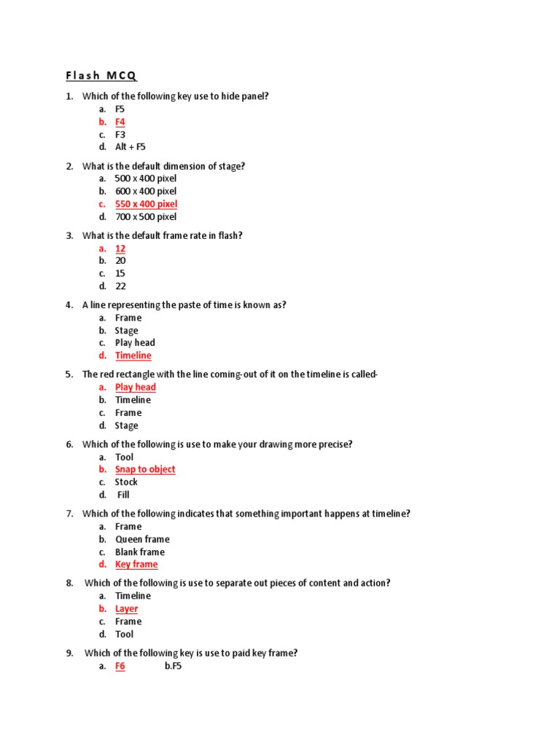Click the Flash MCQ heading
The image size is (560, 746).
(101, 76)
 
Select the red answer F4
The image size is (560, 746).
(120, 122)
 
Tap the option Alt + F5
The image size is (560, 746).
(131, 146)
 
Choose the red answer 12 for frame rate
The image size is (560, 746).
(120, 248)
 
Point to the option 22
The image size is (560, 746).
(120, 286)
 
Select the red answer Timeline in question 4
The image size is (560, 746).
(133, 356)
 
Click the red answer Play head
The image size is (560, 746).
(136, 387)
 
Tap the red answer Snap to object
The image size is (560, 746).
(145, 469)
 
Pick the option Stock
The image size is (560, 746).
(126, 482)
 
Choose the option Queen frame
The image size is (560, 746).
(142, 539)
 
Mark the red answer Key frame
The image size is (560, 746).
(136, 565)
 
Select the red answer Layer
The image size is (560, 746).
(126, 609)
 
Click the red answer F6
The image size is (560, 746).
(120, 666)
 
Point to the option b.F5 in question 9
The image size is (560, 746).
(173, 666)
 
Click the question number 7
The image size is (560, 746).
(69, 514)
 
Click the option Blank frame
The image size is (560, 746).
(140, 552)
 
